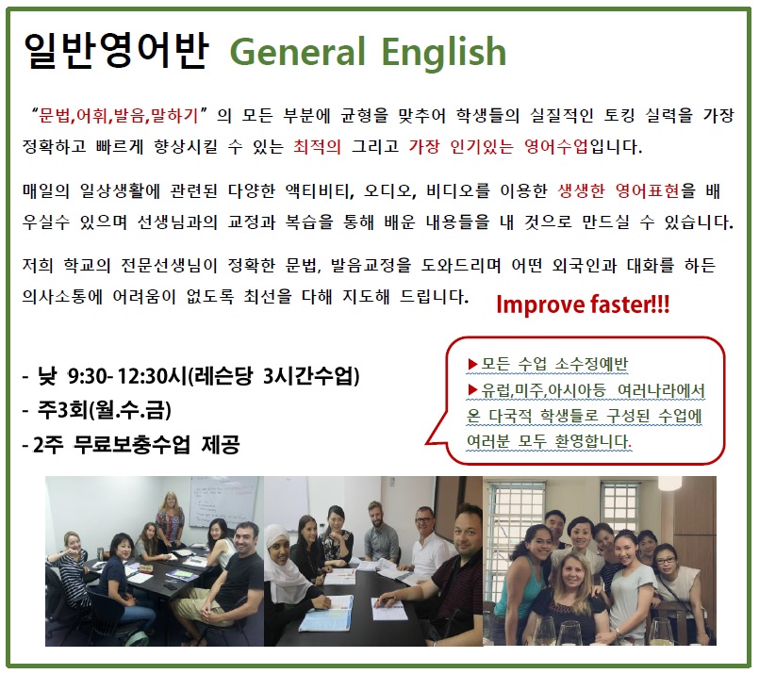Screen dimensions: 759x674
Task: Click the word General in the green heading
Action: coord(297,52)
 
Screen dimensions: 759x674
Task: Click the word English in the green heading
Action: coord(444,51)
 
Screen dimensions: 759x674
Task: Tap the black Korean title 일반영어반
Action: coord(116,50)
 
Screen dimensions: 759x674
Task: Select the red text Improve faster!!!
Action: coord(583,304)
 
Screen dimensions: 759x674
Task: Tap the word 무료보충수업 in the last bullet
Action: coord(131,445)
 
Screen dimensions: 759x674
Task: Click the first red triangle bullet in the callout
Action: coord(472,364)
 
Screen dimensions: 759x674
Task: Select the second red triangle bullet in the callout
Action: coord(472,389)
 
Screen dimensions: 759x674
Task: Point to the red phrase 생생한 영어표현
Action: coord(619,190)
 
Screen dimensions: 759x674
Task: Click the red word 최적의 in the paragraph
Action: coord(317,146)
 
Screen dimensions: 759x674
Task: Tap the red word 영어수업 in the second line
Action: coord(555,146)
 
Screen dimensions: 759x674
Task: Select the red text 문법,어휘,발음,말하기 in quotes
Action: coord(119,116)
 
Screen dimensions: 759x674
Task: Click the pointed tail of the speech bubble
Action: coord(426,443)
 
